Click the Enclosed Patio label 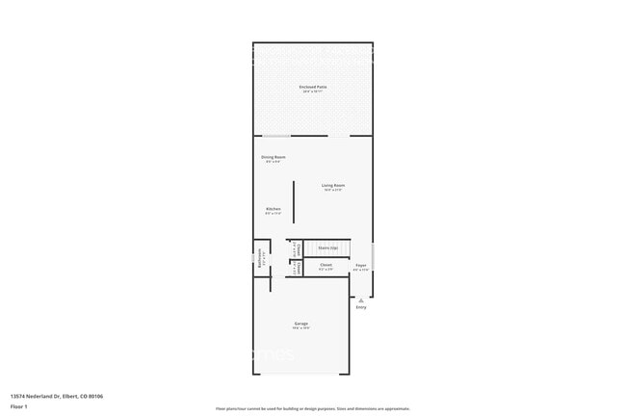coord(313,87)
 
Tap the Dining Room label coord(274,157)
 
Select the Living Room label coord(333,185)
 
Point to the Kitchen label coord(274,209)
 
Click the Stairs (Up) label coord(327,248)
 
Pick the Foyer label coord(361,265)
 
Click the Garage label coord(301,324)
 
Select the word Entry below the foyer coord(361,307)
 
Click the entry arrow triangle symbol coord(361,300)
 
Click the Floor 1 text coord(19,406)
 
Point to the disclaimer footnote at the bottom coord(313,408)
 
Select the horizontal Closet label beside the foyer coord(326,265)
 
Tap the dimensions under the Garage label coord(301,328)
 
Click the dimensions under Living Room coord(333,190)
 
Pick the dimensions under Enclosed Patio coord(313,91)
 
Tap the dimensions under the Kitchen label coord(274,214)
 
